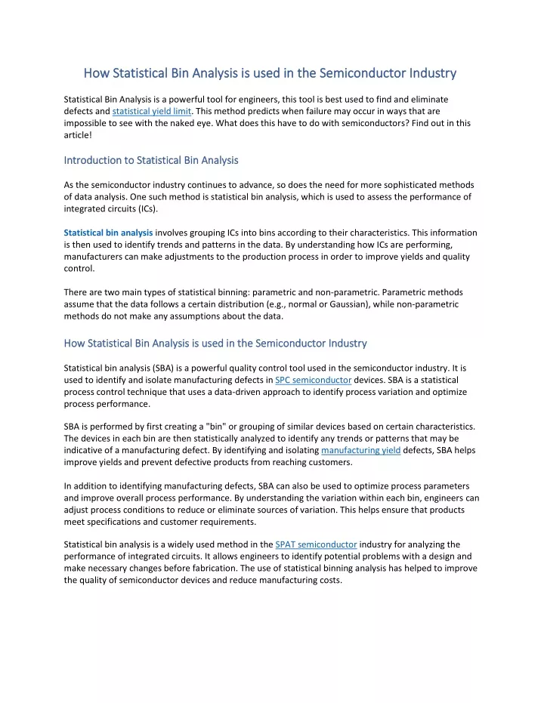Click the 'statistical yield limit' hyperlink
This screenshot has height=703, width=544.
152,112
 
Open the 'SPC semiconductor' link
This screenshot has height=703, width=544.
313,380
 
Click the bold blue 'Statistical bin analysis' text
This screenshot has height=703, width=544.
108,233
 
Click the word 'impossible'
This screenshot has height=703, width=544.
88,124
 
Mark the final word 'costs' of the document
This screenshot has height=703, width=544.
326,580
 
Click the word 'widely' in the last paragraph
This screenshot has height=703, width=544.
175,544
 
